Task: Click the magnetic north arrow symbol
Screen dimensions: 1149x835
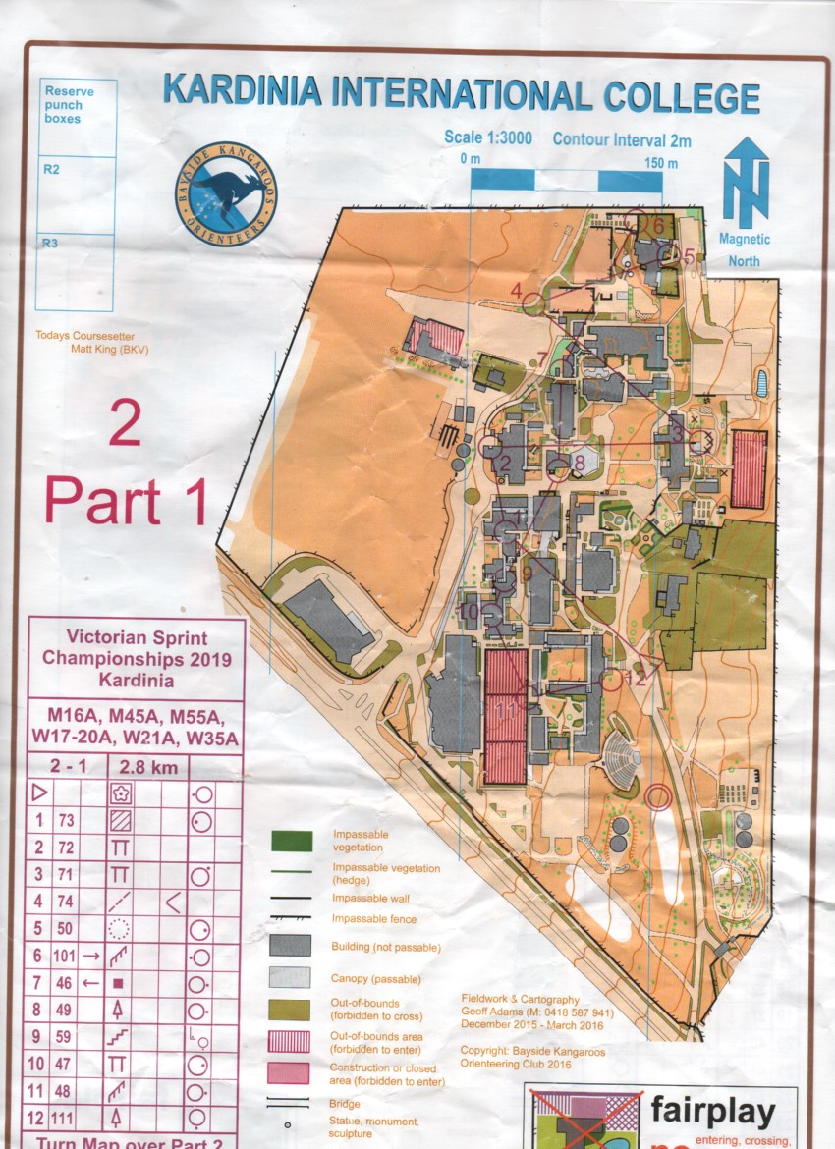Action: tap(746, 183)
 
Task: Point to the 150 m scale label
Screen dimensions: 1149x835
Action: tap(659, 162)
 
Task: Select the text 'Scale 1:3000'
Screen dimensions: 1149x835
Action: tap(488, 137)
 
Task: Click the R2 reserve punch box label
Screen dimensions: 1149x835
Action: tap(51, 169)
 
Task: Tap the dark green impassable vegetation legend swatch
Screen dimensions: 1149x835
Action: tap(292, 841)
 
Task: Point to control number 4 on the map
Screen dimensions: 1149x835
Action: tap(516, 289)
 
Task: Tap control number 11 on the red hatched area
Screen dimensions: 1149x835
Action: tap(508, 707)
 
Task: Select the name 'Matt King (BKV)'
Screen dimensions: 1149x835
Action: tap(107, 348)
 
